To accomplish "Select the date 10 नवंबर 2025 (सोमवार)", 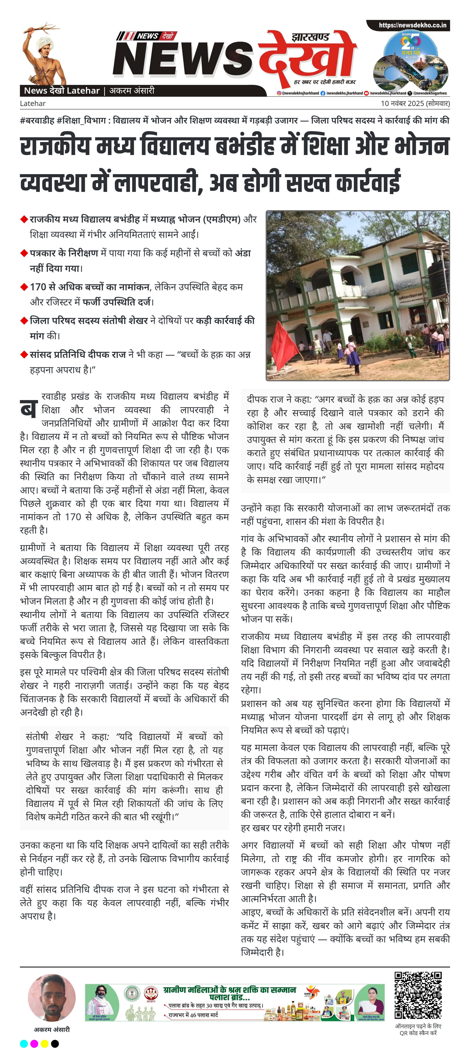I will point(415,103).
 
